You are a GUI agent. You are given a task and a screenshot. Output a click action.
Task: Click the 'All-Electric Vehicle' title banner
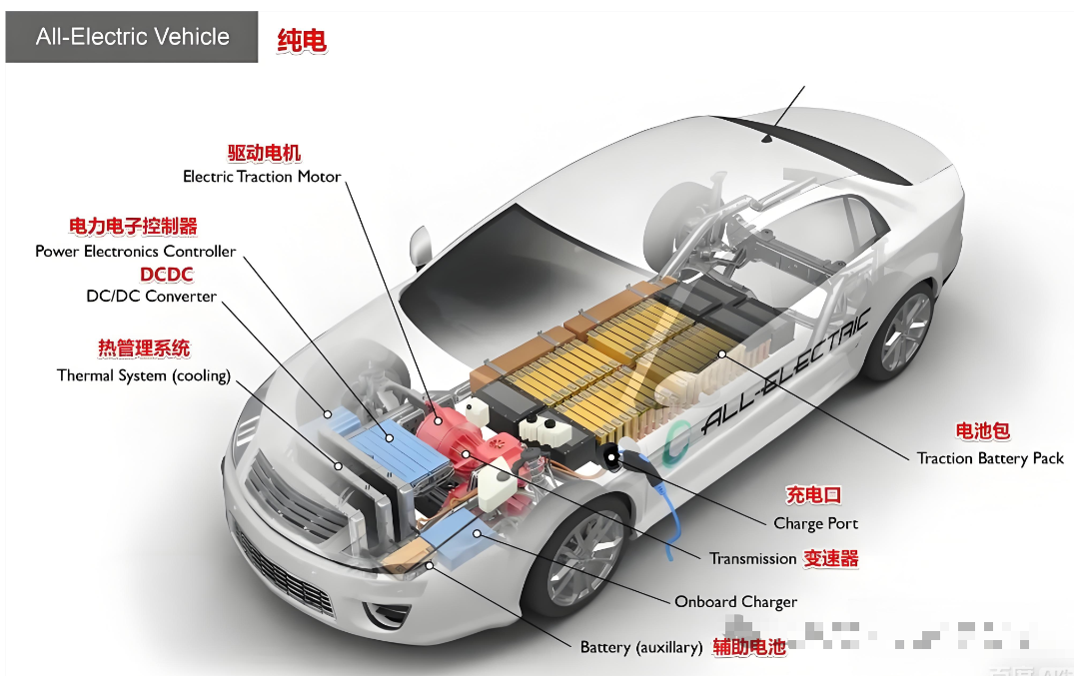point(132,38)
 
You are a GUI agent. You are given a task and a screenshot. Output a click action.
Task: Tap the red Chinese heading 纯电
point(302,40)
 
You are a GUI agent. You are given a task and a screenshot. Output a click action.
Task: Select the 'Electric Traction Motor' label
point(262,177)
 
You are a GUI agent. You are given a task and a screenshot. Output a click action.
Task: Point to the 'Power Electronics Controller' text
point(136,252)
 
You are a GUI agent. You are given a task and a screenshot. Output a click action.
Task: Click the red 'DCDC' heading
point(167,275)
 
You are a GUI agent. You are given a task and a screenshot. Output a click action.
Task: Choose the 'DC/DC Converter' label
point(152,297)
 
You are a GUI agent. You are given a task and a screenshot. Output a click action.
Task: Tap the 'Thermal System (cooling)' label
point(144,376)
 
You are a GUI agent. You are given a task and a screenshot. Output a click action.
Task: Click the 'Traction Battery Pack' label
point(990,458)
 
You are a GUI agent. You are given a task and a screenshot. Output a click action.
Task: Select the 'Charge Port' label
point(815,523)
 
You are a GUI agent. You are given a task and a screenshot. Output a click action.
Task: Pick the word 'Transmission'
point(752,559)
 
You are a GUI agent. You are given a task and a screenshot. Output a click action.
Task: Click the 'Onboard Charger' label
point(735,602)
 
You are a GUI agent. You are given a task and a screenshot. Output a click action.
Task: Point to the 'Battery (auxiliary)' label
point(641,647)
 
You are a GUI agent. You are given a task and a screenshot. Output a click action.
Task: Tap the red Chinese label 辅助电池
point(749,647)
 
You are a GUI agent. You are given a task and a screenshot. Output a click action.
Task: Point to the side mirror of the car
point(421,244)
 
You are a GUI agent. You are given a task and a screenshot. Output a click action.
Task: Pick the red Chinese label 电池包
point(983,431)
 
